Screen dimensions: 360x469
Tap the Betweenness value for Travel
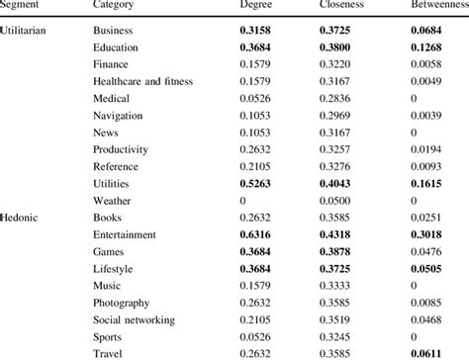pyautogui.click(x=433, y=353)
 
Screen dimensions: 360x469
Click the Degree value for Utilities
pyautogui.click(x=260, y=183)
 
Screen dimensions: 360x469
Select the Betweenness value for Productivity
pyautogui.click(x=433, y=148)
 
